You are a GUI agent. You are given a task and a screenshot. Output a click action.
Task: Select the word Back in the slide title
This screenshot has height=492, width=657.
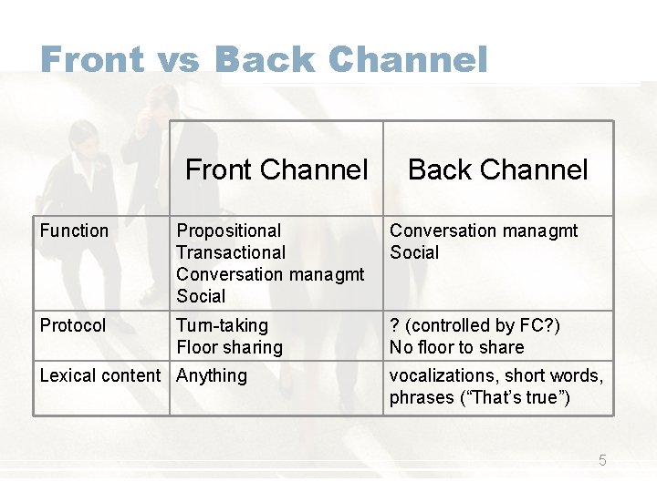click(x=265, y=60)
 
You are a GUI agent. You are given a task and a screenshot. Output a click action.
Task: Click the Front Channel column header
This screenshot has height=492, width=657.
click(x=276, y=169)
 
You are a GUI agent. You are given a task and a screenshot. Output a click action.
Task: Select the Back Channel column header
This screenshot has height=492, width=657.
click(x=498, y=169)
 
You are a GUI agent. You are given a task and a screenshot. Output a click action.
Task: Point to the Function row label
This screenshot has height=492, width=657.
click(x=74, y=231)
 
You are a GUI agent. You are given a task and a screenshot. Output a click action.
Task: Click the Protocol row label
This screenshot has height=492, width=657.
click(x=73, y=325)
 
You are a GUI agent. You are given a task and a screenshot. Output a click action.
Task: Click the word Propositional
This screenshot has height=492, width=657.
click(x=228, y=231)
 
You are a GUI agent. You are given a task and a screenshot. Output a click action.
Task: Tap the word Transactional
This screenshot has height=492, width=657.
click(x=231, y=252)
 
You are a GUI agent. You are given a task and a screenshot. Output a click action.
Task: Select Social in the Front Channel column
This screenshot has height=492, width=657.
click(x=201, y=296)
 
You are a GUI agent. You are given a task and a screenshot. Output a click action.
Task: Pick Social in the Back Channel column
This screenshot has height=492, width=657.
click(x=414, y=252)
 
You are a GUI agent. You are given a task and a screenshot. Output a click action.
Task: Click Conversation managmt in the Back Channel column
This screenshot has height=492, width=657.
click(x=484, y=231)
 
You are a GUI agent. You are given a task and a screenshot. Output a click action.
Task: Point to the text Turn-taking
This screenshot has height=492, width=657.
click(x=222, y=325)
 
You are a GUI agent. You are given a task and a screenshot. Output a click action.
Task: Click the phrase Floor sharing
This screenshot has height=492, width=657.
click(x=229, y=347)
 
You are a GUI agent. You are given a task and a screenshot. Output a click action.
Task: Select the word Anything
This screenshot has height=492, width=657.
click(x=212, y=375)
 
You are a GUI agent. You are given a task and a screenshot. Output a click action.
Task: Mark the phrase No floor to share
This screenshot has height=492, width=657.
click(x=456, y=347)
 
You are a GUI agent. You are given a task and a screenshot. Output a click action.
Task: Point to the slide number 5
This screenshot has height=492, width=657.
click(x=602, y=460)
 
